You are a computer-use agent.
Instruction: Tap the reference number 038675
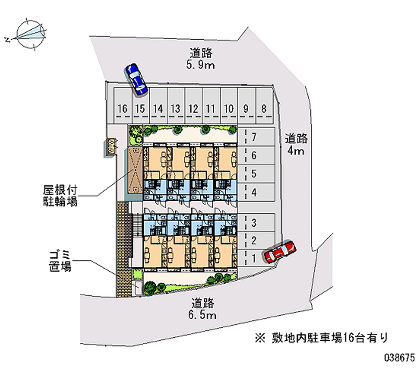tap(399, 360)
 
